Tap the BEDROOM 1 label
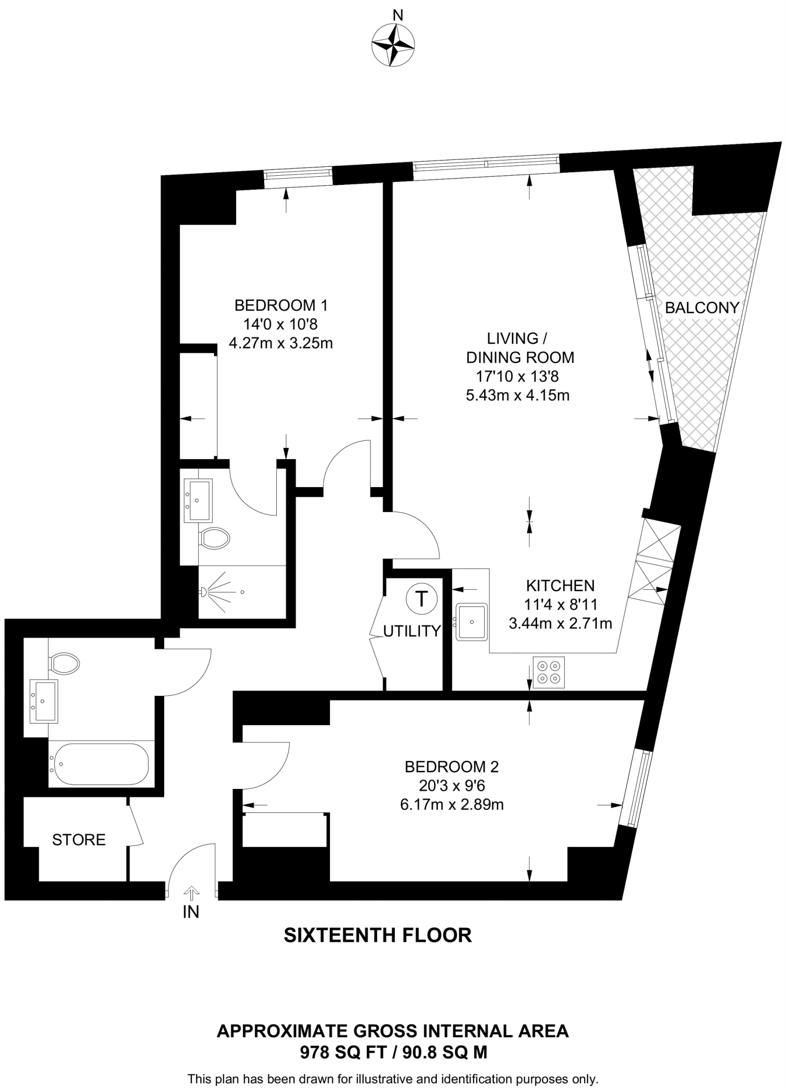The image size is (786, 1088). click(x=281, y=305)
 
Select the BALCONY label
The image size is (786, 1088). click(x=702, y=308)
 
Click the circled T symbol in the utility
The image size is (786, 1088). click(x=421, y=599)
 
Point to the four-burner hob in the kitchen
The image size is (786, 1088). click(x=548, y=672)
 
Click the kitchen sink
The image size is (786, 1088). click(x=471, y=621)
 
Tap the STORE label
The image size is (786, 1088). click(x=79, y=840)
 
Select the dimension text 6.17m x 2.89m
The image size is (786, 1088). click(x=451, y=805)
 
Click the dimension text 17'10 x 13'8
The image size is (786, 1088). click(x=517, y=377)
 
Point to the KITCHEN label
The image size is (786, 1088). click(x=560, y=585)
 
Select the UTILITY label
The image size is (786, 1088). click(x=412, y=631)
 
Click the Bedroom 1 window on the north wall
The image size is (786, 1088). click(x=298, y=176)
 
